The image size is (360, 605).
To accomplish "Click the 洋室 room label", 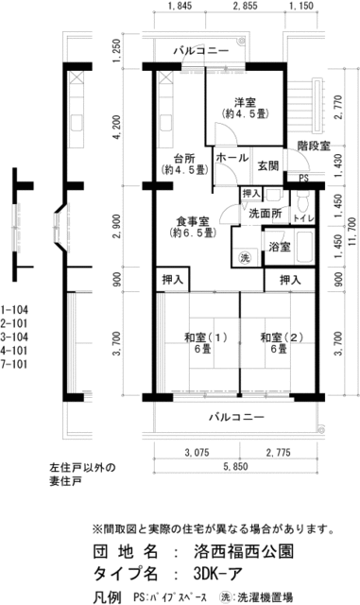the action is [246, 103].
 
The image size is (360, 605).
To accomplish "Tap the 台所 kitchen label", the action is [184, 159].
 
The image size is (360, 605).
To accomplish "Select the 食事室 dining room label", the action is [193, 221].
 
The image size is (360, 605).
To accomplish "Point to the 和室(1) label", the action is [206, 337].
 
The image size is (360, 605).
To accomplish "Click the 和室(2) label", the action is [282, 337].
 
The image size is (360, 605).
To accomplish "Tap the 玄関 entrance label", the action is [268, 166].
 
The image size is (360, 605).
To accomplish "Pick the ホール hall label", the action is [231, 158].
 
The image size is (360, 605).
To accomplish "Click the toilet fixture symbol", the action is [304, 199].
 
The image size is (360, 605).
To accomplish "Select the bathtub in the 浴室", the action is [305, 247].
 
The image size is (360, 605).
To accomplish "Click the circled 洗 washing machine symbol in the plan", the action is [245, 257].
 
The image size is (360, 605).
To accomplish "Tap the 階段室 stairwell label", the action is [314, 146].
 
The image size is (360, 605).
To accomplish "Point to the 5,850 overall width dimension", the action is [236, 466].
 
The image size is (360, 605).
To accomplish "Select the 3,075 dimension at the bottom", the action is [197, 452].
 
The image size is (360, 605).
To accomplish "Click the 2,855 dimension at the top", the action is [246, 6].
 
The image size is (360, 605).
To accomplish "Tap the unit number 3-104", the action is [14, 337].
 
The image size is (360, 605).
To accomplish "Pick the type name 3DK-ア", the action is [219, 574].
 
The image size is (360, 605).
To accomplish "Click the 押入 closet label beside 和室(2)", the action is [290, 280].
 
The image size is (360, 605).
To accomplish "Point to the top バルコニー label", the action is [201, 50].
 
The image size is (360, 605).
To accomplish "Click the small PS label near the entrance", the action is [304, 179].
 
